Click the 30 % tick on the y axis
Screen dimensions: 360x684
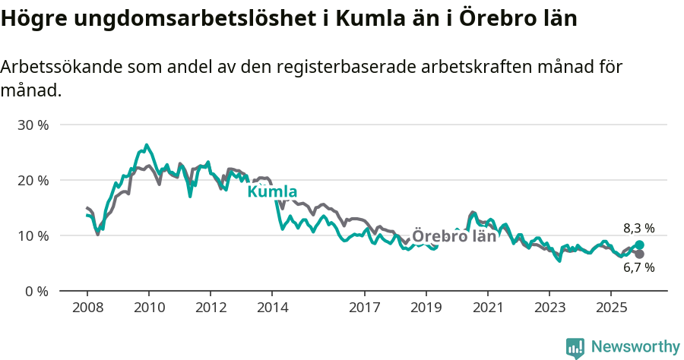point(33,125)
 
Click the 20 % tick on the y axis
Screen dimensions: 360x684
point(33,180)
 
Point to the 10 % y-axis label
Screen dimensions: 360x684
point(33,235)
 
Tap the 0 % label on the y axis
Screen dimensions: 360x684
point(36,291)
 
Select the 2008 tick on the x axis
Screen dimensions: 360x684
point(87,308)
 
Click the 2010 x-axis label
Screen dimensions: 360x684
point(148,308)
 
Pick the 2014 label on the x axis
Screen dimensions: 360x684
point(271,308)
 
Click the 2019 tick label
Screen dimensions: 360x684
point(426,308)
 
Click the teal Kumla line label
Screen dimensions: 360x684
point(272,191)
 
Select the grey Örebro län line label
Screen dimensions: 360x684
point(454,236)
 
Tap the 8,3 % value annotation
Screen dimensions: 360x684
point(638,228)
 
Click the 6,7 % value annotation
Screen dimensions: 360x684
point(638,267)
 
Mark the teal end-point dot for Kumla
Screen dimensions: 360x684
point(639,245)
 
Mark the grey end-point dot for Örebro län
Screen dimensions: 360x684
point(639,254)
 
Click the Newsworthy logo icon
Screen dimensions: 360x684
point(575,348)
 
